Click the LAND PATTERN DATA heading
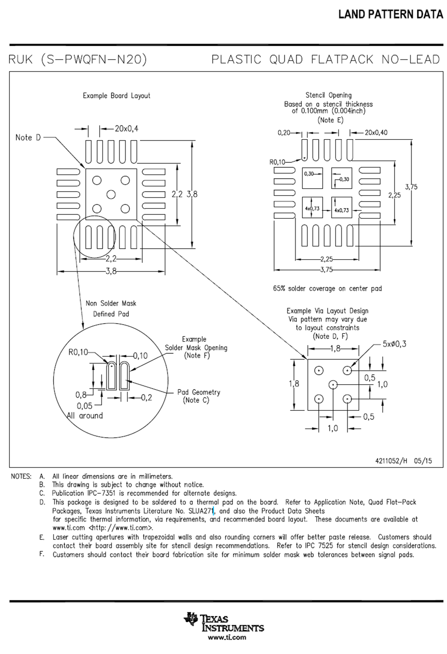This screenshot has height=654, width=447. pos(391,14)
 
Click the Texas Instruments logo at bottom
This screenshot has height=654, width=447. pos(224,622)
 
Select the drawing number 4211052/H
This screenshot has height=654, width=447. pos(391,461)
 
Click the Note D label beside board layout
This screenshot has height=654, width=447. pos(28,138)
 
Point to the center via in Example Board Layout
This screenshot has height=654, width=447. pos(111,195)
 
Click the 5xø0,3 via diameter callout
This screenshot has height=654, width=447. pos(394,344)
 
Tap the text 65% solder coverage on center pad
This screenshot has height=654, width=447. pos(327,289)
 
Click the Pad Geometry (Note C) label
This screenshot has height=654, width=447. pos(198,396)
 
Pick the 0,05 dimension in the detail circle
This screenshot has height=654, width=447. pos(85,406)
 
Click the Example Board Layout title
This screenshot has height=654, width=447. pos(117,96)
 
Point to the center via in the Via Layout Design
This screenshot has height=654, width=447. pos(333,385)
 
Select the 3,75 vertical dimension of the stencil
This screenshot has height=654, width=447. pos(411,187)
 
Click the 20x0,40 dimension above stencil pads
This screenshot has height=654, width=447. pos(376,133)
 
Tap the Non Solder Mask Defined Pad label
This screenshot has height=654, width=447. pos(111,309)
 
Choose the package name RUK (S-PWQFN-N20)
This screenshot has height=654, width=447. pos(77,59)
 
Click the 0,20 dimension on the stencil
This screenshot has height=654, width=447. pos(284,133)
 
